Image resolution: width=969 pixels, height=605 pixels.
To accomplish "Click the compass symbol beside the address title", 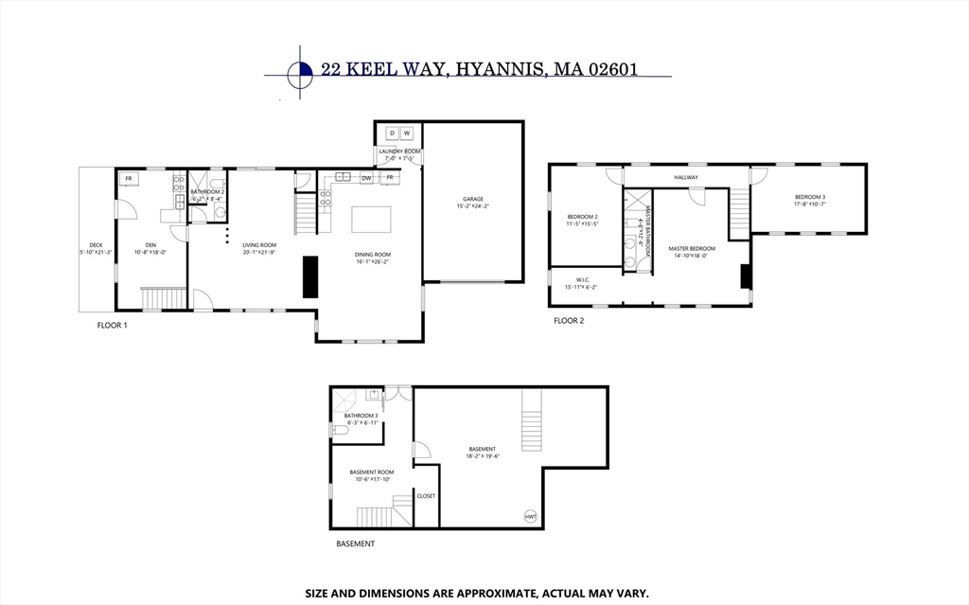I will pos(300,70).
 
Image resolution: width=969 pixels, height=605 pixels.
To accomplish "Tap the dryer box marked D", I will pos(391,133).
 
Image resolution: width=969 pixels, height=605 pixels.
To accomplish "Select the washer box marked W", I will pos(407,133).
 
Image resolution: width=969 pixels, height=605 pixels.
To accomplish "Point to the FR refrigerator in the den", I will pos(128,179).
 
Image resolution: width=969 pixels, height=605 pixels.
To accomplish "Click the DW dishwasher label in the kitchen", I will pos(365,177).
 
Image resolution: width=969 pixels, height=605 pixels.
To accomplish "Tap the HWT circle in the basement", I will pos(530,516).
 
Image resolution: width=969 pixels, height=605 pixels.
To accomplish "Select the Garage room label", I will pos(472,199).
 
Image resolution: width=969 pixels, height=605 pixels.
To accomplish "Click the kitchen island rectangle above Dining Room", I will pos(371,219).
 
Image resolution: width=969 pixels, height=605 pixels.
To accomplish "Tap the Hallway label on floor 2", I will pos(686,177).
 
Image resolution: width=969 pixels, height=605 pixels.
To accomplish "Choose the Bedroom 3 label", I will pos(810,196).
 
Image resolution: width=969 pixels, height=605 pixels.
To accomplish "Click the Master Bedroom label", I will pos(692,249).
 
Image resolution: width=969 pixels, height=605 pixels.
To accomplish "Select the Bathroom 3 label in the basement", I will pos(361,415).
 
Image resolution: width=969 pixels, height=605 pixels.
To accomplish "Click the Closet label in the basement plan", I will pos(426,495).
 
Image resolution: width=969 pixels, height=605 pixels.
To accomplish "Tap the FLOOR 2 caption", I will pos(569,321).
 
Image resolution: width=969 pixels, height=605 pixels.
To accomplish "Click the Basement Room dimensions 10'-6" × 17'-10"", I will pos(371,479).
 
